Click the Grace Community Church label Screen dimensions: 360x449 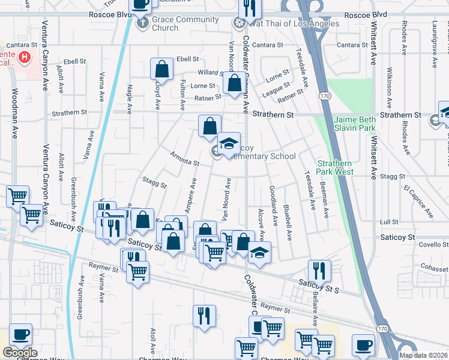(164, 23)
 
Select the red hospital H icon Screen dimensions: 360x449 (24, 57)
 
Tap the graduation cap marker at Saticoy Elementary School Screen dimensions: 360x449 (229, 144)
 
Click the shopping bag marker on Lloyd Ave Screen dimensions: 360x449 (161, 68)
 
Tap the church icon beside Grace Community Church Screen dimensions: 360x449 (142, 23)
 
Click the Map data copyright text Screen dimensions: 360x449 (423, 355)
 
